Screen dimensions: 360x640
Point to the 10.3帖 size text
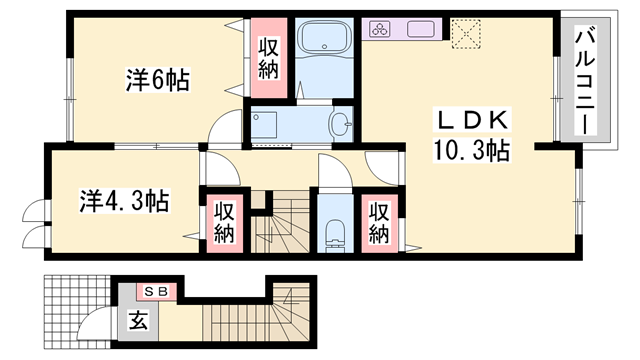click(x=471, y=152)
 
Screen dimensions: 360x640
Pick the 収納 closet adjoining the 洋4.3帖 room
click(x=222, y=222)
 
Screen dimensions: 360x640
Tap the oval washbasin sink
click(x=339, y=127)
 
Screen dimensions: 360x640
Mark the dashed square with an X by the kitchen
click(x=466, y=33)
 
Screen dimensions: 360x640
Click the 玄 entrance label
click(x=137, y=321)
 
